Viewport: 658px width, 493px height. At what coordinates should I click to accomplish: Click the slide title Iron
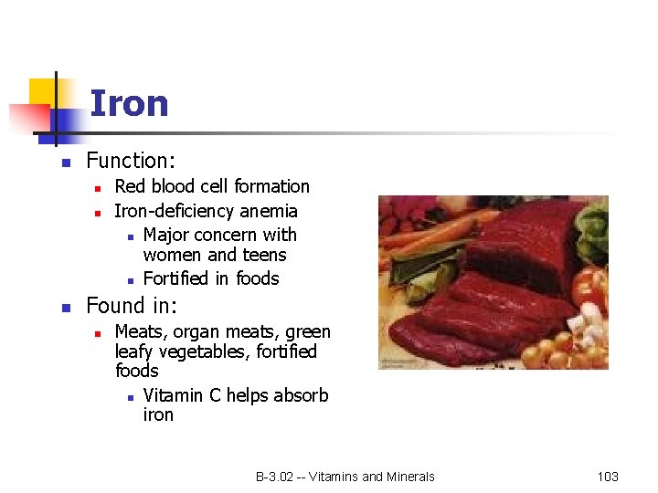point(129,104)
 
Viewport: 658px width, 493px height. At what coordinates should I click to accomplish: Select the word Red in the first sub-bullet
point(131,186)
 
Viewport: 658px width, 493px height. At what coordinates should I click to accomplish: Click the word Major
point(168,235)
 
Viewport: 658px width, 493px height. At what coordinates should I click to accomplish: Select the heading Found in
point(132,306)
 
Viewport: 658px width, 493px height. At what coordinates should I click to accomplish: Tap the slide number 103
point(608,477)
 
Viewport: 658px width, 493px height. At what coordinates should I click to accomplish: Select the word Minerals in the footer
point(411,477)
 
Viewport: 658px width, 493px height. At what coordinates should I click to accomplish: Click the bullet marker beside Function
point(65,163)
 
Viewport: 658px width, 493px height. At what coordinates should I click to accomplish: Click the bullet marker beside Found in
point(65,308)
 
